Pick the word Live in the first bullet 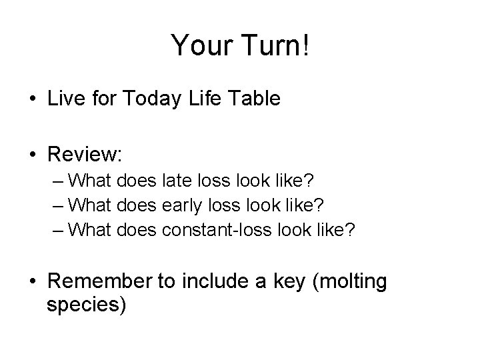66,99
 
